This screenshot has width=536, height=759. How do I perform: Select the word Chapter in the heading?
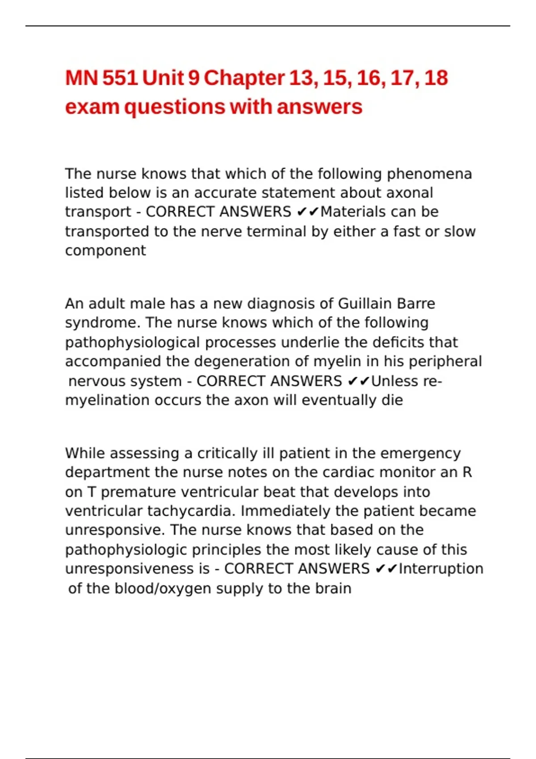(244, 78)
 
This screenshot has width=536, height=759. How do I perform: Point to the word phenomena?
(429, 174)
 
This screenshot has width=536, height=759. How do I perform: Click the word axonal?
(410, 193)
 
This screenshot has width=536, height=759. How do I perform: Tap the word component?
(105, 250)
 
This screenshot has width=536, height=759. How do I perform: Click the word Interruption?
(441, 569)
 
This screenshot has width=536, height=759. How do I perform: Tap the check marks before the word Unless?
(358, 381)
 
